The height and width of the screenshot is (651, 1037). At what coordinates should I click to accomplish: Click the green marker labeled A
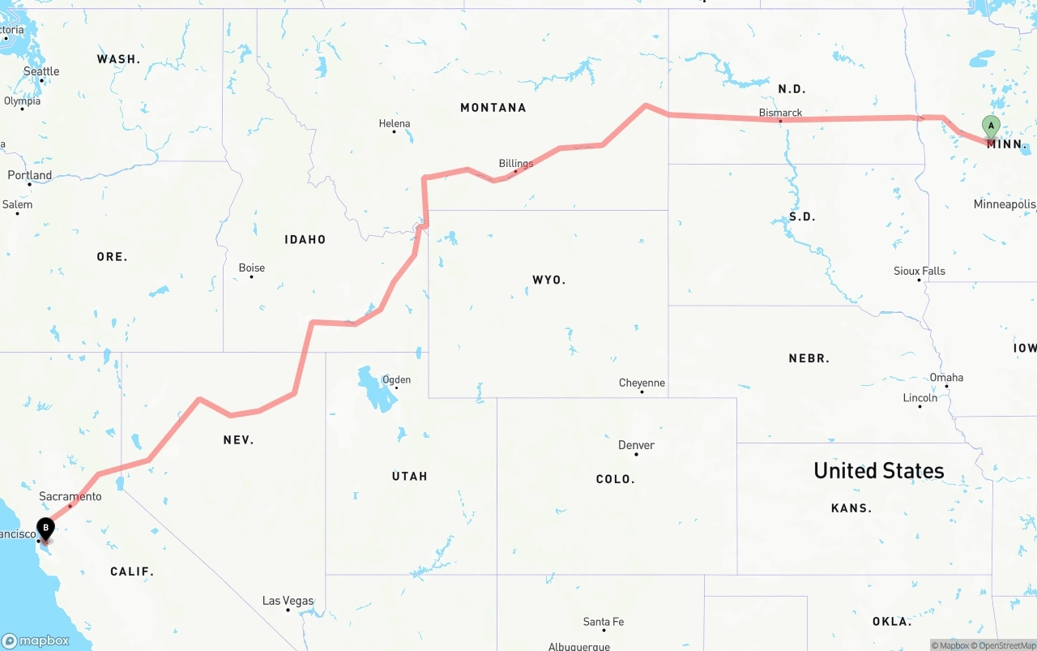coord(990,126)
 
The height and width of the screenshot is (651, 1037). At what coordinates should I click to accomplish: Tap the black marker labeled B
coord(46,529)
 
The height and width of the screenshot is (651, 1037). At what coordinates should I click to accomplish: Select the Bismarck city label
coord(780,113)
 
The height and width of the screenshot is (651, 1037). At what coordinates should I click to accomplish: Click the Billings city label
coord(516,164)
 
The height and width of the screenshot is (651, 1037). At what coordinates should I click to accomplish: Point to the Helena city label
coord(395,124)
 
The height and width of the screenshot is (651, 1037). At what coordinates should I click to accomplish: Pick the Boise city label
coord(251,268)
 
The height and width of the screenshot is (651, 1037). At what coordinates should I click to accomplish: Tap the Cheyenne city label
coord(642,383)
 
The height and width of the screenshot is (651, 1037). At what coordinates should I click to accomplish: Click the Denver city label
coord(636,445)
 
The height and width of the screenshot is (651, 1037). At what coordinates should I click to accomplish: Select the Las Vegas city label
coord(288,601)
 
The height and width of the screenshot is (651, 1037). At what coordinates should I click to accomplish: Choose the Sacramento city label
coord(70,496)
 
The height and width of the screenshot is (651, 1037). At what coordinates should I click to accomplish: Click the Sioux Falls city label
coord(919,271)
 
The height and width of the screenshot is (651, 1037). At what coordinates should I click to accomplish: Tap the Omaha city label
coord(946,377)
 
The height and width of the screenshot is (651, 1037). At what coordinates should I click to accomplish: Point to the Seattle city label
coord(41,71)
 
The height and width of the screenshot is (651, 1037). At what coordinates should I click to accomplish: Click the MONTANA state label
coord(493,108)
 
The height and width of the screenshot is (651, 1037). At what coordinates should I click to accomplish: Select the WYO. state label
coord(548,280)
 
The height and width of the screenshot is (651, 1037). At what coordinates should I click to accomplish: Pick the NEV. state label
coord(238,440)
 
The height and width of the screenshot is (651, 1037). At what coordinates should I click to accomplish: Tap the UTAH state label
coord(409,476)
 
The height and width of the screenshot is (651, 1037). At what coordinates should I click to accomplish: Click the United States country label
coord(878,470)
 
